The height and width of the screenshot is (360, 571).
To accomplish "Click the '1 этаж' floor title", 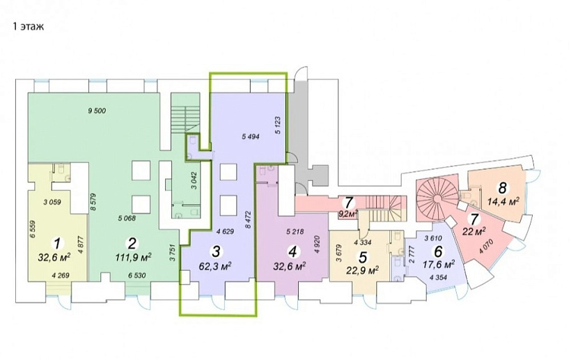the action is pos(29,26).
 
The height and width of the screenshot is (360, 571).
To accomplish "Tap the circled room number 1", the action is pos(57,243).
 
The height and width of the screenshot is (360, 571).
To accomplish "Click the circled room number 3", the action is pos(216,251).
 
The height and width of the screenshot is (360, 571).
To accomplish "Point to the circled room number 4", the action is pos(292,251).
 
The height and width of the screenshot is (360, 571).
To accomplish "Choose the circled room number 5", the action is pos(363,257).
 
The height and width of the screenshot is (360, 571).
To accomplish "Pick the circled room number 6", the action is pos(439,251).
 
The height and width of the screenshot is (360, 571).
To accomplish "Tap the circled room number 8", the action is pos(503,188).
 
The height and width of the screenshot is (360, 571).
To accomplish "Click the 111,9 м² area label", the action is pos(133,258).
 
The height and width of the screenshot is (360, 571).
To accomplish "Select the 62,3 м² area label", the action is pos(216,267).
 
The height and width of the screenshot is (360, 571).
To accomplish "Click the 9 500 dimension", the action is pos(97,111).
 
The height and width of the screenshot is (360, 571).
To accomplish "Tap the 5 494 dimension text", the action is pos(250,137).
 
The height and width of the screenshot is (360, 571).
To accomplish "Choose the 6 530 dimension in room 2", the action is pos(136,276).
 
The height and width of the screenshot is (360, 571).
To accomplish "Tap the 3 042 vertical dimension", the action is pos(194,181).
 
